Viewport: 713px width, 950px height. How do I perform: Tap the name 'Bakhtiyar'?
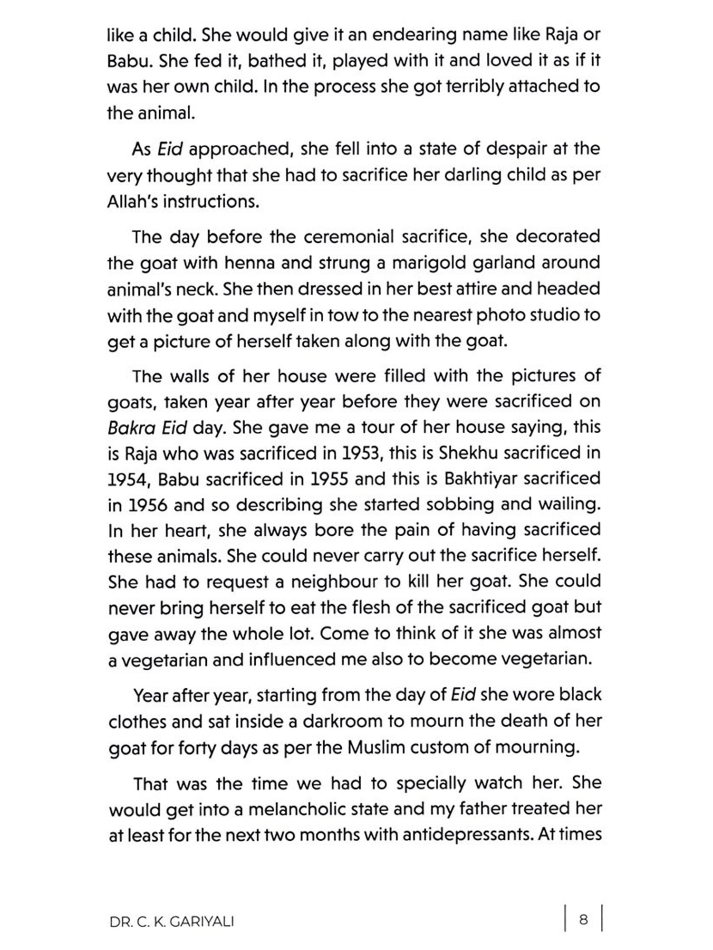480,479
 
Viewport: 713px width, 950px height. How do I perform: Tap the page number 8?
584,919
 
